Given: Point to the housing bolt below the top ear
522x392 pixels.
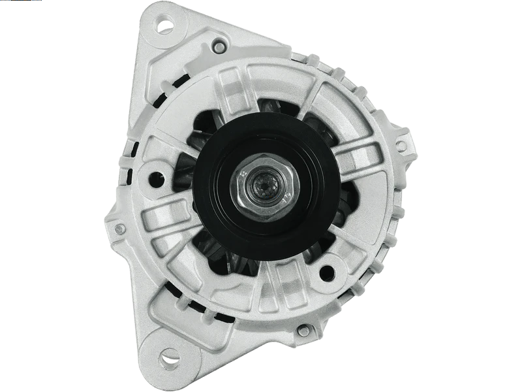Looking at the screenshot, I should [x=217, y=46].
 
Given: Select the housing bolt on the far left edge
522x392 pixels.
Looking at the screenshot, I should [x=119, y=229].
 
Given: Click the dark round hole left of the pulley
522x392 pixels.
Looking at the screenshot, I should [x=156, y=176].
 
